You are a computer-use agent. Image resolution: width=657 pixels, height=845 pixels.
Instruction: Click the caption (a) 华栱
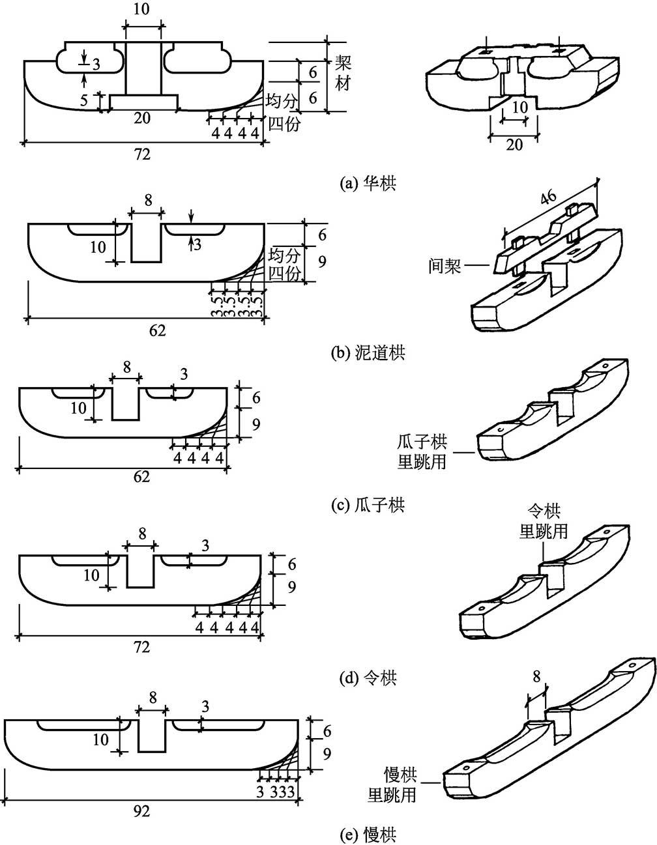pyautogui.click(x=368, y=184)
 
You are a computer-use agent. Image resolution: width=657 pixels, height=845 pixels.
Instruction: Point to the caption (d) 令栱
pyautogui.click(x=368, y=678)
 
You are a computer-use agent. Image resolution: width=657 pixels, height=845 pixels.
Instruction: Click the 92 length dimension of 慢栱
pyautogui.click(x=141, y=811)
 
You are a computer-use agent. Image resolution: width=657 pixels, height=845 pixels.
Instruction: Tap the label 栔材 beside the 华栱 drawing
pyautogui.click(x=343, y=73)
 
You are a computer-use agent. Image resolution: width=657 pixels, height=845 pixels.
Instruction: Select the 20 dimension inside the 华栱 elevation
pyautogui.click(x=143, y=117)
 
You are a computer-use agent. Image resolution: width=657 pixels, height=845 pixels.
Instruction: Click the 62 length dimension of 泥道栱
pyautogui.click(x=157, y=330)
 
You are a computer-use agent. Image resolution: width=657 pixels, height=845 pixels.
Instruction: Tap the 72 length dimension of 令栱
pyautogui.click(x=141, y=647)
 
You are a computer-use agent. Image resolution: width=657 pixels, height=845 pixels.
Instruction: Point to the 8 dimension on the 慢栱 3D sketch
pyautogui.click(x=536, y=677)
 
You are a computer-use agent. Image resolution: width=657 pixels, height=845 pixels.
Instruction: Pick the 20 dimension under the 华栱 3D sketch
pyautogui.click(x=514, y=145)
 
